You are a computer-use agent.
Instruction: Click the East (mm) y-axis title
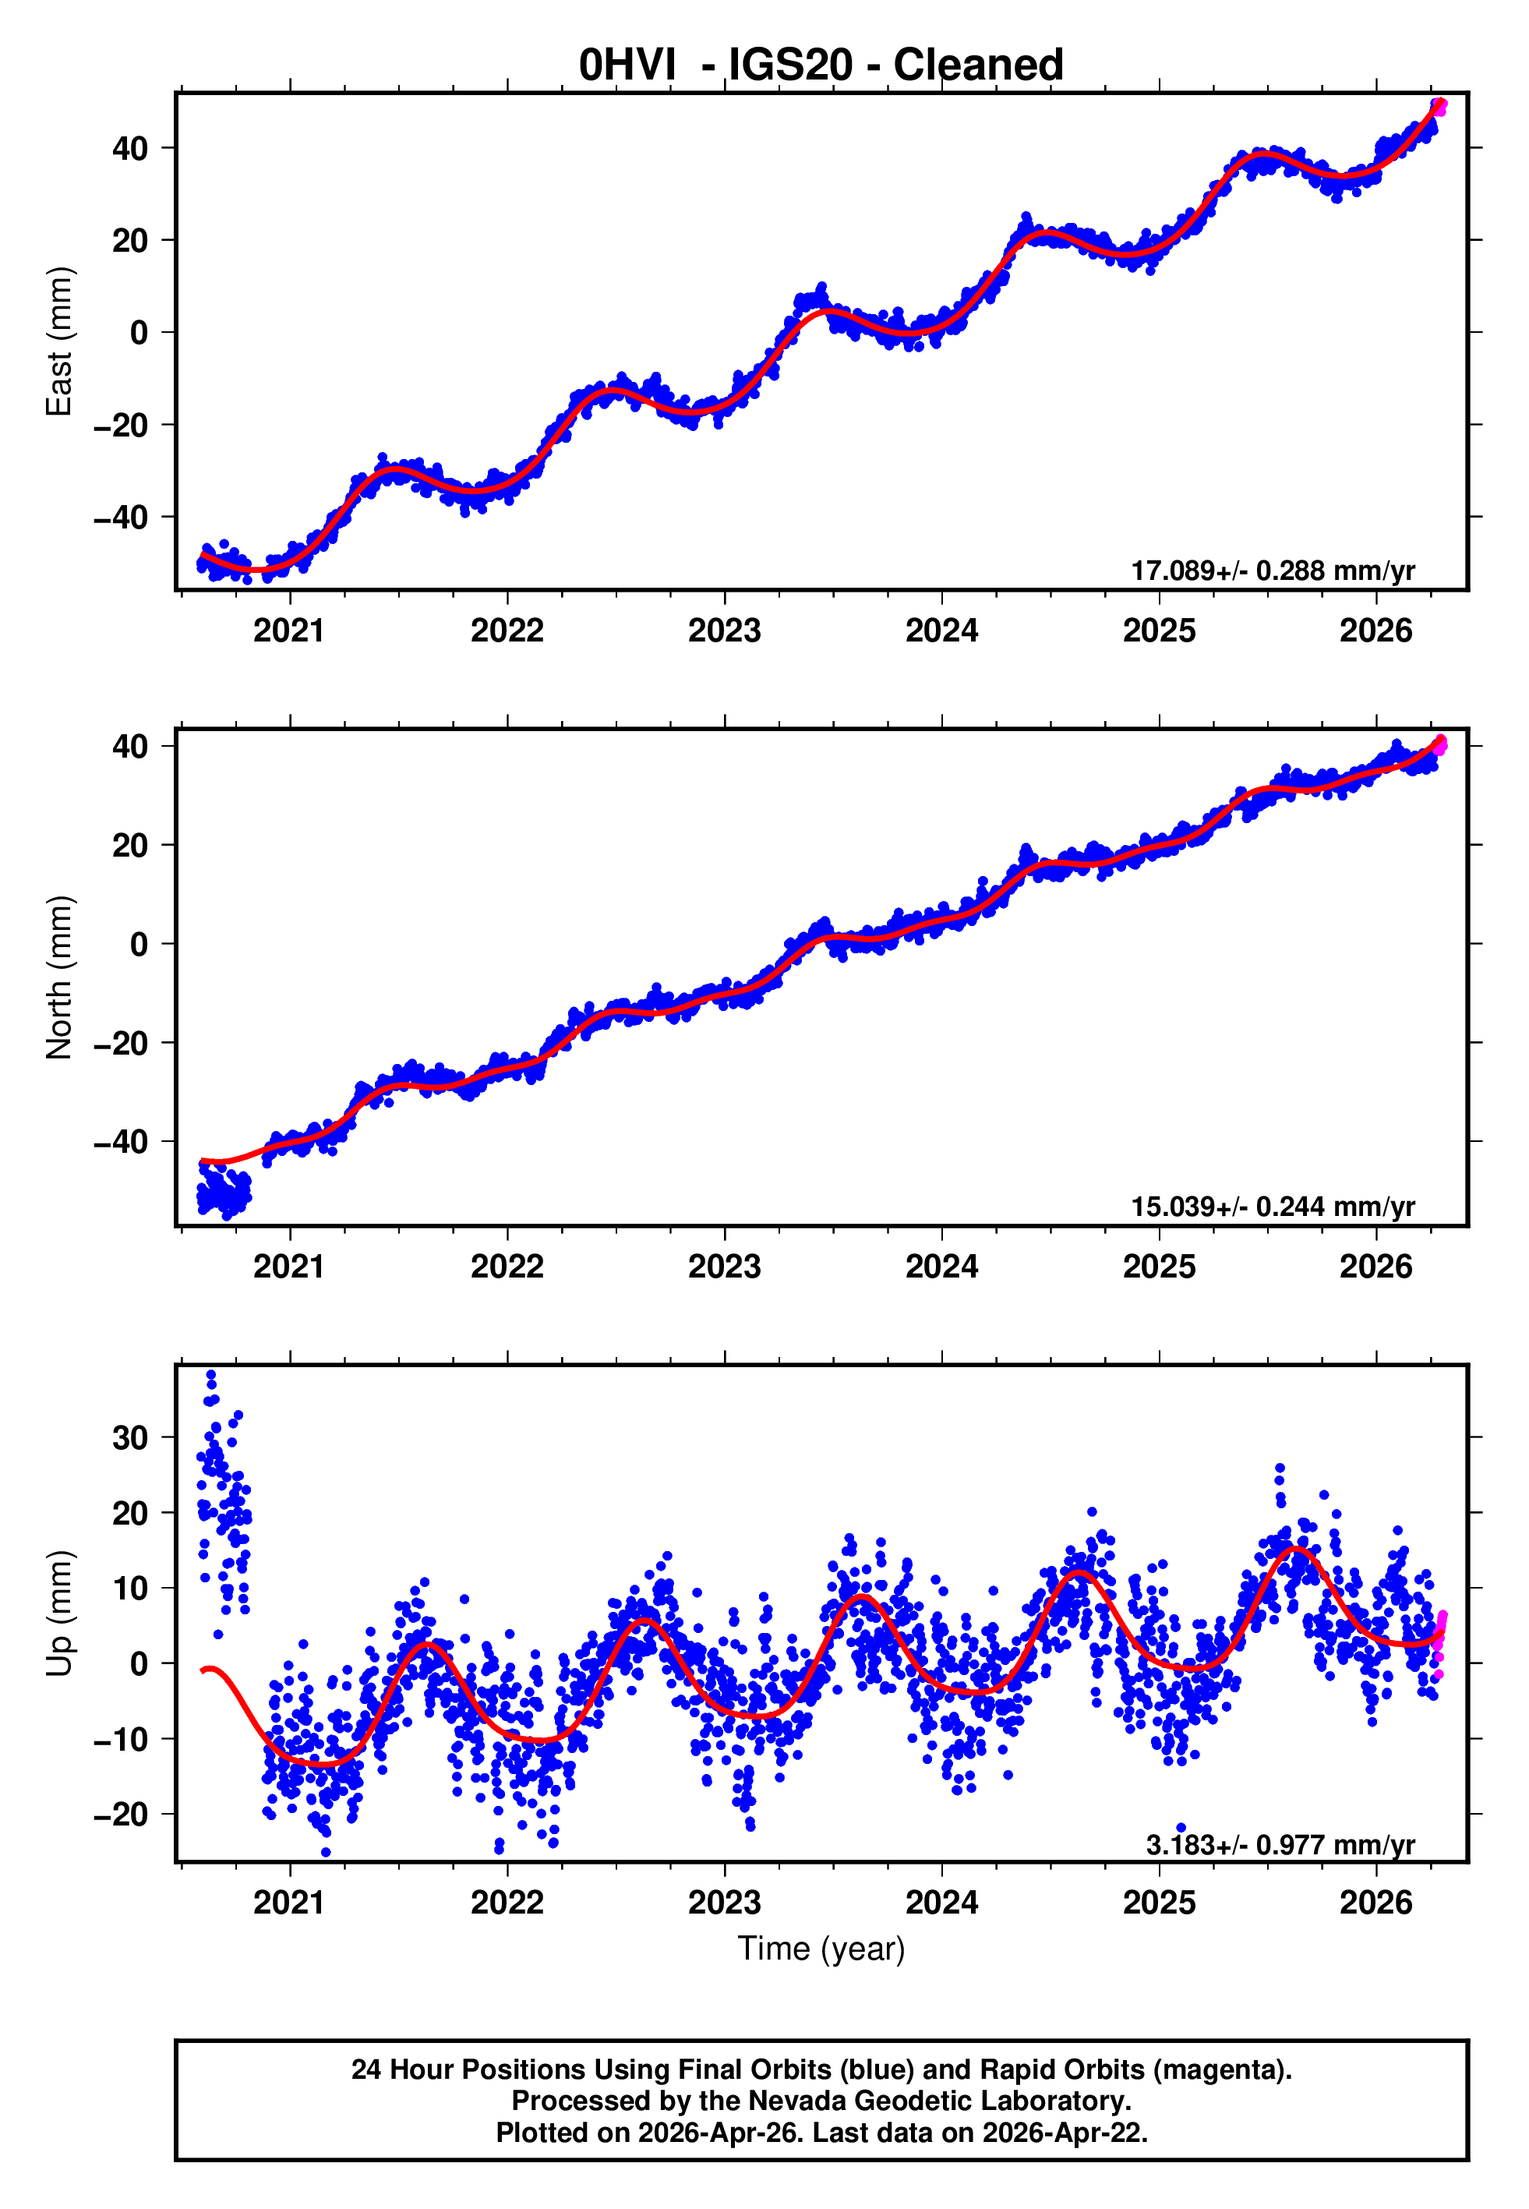click(x=59, y=342)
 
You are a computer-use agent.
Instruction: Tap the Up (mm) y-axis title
click(x=59, y=1613)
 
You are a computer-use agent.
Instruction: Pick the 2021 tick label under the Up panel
click(x=289, y=1903)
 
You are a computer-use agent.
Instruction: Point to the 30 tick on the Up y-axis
click(x=130, y=1438)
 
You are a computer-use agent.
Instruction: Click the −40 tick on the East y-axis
click(x=121, y=518)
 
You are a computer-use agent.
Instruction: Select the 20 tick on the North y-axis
click(x=130, y=846)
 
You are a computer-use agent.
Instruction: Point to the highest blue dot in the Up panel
click(x=212, y=1375)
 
